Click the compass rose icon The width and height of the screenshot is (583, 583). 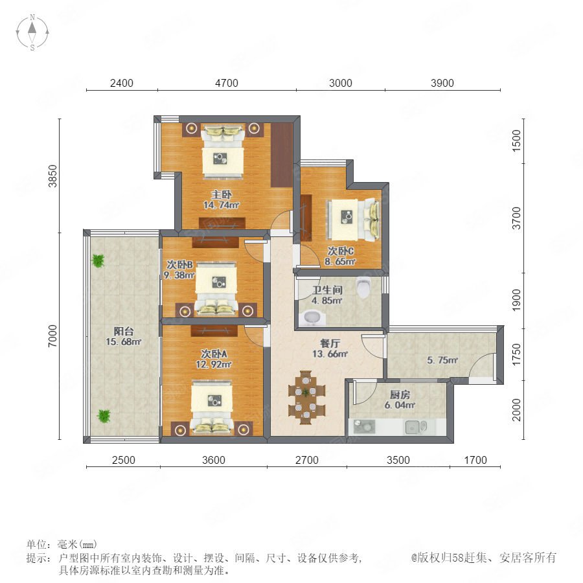pos(32,32)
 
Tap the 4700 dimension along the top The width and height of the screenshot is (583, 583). pos(227,83)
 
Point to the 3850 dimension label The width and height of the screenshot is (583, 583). pos(53,176)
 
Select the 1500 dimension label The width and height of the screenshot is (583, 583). pos(516,141)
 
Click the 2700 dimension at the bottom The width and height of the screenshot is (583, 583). pos(307,460)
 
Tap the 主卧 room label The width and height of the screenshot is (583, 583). pos(222,194)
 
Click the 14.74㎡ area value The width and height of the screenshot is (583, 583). pos(222,205)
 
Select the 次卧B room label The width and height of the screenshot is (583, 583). pos(179,265)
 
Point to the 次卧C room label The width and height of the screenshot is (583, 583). pos(341,251)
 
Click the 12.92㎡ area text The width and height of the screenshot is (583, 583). pos(214,364)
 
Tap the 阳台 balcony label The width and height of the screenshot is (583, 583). pos(124,331)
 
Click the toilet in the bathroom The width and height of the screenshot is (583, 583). pos(363,288)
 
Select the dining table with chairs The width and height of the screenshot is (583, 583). pos(306,398)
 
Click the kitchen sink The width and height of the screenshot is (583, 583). pos(416,428)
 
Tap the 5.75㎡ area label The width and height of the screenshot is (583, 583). pos(442,360)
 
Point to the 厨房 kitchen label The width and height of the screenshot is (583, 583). pos(400,394)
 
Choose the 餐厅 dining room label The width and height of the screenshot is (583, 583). pos(330,343)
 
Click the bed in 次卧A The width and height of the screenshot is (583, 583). pos(212,407)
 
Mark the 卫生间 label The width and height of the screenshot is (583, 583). pos(327,290)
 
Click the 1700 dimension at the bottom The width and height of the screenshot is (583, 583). pos(475,460)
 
